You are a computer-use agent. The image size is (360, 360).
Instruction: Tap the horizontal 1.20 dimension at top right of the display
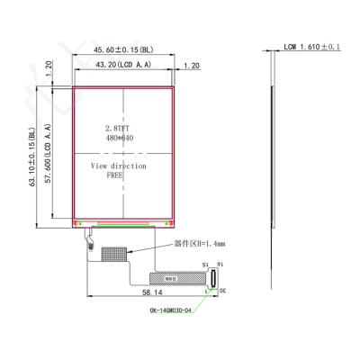(x=191, y=67)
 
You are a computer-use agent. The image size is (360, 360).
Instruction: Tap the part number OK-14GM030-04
(x=174, y=311)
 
